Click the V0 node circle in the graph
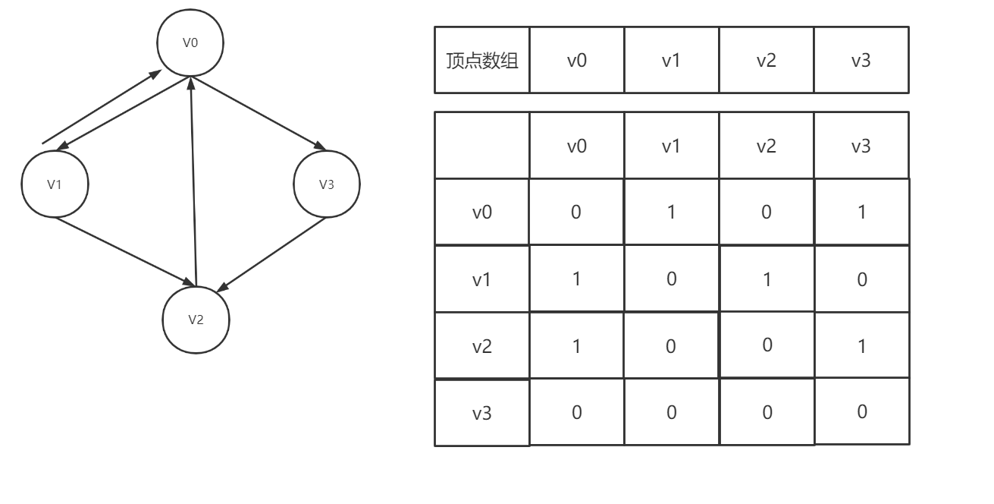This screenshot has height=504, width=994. click(x=190, y=43)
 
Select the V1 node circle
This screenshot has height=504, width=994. click(x=55, y=184)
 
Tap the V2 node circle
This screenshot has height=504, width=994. click(x=196, y=320)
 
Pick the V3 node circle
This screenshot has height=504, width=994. click(x=326, y=184)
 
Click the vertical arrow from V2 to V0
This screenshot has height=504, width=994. click(x=193, y=182)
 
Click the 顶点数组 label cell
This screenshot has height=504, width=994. click(x=482, y=61)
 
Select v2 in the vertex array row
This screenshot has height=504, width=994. click(x=766, y=61)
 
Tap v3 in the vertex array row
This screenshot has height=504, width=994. click(x=861, y=61)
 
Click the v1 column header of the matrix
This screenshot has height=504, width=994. click(x=671, y=146)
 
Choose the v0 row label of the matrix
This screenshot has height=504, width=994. click(x=482, y=213)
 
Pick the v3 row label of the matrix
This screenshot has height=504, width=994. click(x=482, y=414)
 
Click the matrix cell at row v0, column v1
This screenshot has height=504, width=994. click(x=671, y=213)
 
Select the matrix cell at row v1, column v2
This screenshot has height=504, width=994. click(x=766, y=279)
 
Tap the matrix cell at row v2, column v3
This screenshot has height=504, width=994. click(x=861, y=346)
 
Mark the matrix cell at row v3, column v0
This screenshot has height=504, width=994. click(x=576, y=413)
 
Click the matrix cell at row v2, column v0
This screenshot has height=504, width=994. click(x=576, y=346)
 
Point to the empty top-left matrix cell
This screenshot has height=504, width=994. click(x=482, y=146)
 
